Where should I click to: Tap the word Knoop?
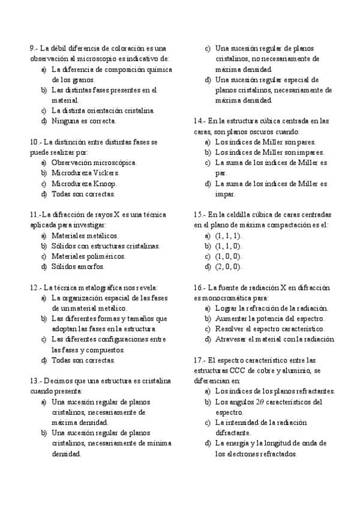pos(106,184)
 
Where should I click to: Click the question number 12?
pos(34,288)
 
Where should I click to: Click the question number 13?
pos(34,381)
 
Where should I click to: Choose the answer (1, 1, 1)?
pos(228,236)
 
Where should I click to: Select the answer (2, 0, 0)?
pos(228,267)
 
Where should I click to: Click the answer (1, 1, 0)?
pos(228,246)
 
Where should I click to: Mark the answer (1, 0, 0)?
pos(228,256)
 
